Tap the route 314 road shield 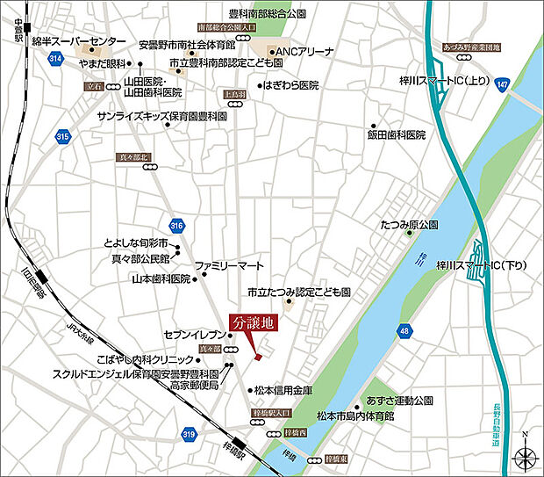[57, 58]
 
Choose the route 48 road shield [403, 331]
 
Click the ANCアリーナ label [305, 52]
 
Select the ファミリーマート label [229, 264]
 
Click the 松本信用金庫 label [283, 389]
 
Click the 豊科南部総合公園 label [267, 14]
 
